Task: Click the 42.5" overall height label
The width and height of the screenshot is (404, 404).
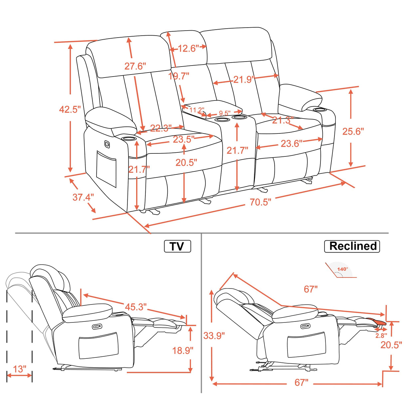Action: (70, 109)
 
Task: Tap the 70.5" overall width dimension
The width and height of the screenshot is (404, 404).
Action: (260, 202)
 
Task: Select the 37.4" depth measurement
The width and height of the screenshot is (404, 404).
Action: (83, 197)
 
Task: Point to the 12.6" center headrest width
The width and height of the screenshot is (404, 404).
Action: (188, 49)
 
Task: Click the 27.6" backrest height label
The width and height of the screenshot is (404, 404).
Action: (135, 66)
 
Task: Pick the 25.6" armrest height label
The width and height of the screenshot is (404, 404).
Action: (353, 131)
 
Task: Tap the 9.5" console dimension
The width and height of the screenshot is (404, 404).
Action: (225, 113)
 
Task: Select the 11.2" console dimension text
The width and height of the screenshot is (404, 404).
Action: (197, 110)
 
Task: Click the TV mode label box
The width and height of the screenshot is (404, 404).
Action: (177, 246)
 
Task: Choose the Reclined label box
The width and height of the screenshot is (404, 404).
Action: (352, 246)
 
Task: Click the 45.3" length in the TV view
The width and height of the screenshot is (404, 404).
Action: (136, 306)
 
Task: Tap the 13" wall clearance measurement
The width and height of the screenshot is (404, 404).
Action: (20, 369)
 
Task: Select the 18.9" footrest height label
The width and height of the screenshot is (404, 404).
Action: (182, 350)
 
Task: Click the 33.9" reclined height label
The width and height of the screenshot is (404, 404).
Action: (214, 335)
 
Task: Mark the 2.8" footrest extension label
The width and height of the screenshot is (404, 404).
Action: (381, 336)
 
